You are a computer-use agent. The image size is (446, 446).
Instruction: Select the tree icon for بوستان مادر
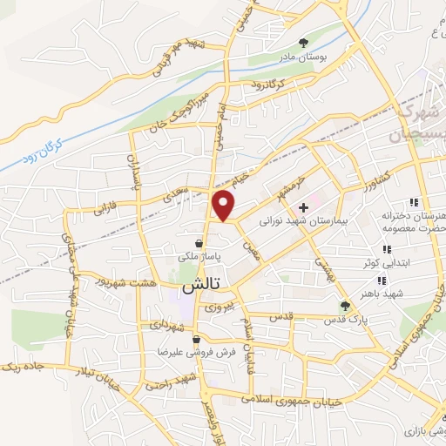click(303, 41)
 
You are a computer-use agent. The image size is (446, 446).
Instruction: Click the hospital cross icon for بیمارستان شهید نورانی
click(303, 207)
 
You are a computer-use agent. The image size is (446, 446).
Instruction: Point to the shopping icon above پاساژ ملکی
click(201, 244)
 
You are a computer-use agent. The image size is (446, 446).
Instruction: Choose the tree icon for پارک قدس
click(345, 306)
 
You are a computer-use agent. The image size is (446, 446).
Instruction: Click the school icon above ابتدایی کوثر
click(386, 249)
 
